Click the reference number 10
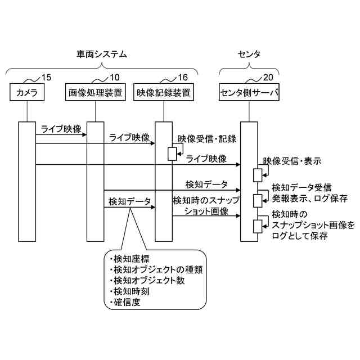(x=114, y=77)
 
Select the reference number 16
(x=182, y=77)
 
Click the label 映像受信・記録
(x=206, y=138)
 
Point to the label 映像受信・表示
(x=296, y=161)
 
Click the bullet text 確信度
(x=126, y=303)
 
